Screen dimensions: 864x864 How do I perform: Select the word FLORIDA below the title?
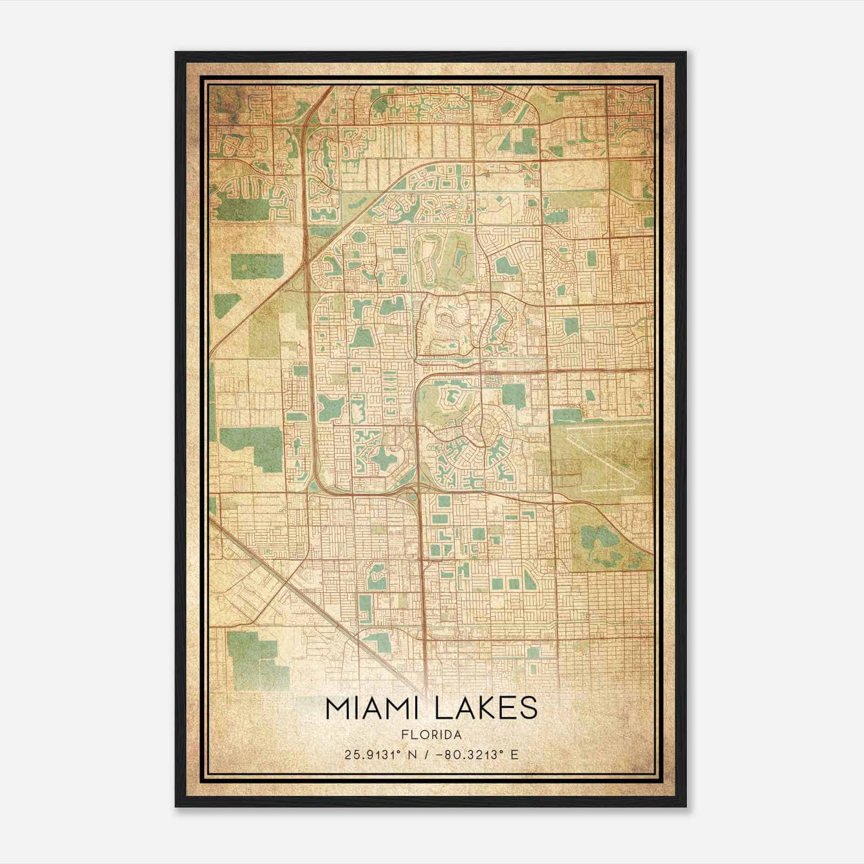[431, 735]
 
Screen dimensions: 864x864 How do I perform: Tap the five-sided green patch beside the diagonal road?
[227, 306]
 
